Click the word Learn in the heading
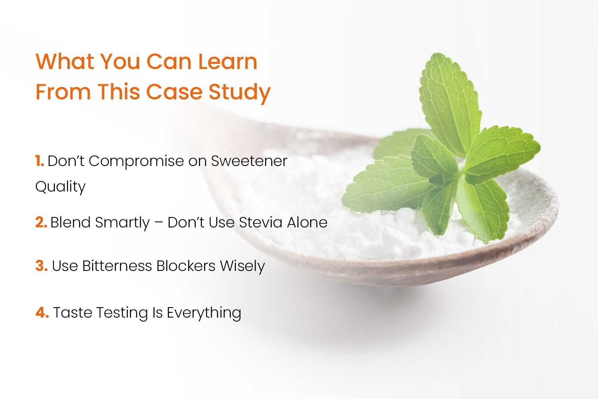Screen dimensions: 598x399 coord(228,61)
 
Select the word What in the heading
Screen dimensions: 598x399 coord(65,61)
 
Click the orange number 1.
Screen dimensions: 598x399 coord(39,161)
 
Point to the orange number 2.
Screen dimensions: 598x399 coord(41,222)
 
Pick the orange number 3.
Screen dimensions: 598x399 coord(41,266)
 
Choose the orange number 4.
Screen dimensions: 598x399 coord(42,312)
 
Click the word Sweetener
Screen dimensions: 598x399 coord(249,161)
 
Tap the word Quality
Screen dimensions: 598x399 coord(60,187)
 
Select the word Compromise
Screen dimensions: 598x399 coord(136,162)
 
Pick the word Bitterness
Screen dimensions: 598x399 coord(117,266)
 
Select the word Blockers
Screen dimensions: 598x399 coord(186,266)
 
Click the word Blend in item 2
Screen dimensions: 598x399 coord(71,222)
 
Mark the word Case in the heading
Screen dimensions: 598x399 coord(175,92)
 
